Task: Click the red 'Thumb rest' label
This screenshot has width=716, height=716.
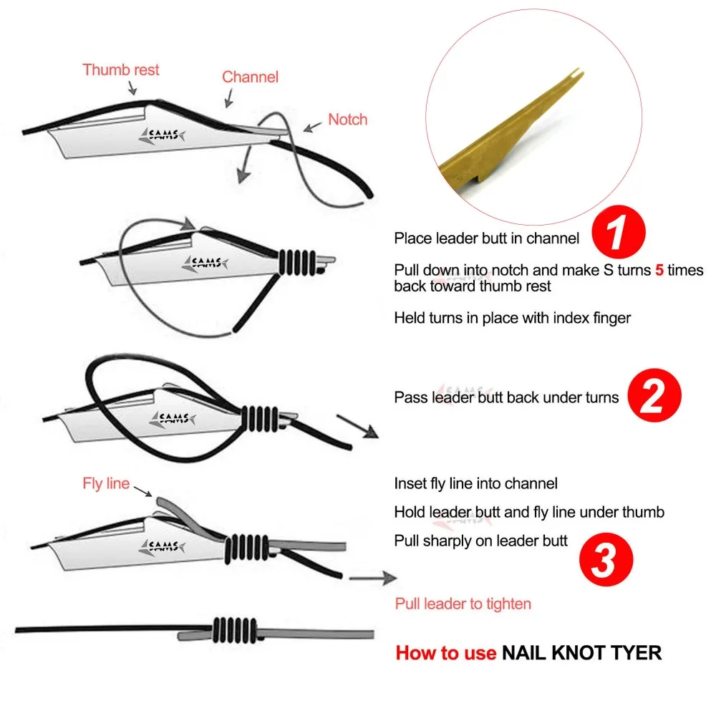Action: click(121, 70)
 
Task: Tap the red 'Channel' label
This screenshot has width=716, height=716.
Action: click(250, 77)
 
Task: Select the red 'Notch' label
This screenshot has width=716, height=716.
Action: click(347, 120)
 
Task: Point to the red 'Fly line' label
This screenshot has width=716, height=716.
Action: click(106, 483)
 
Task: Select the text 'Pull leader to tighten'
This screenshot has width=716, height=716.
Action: click(463, 604)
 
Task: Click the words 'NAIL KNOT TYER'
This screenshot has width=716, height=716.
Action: click(581, 652)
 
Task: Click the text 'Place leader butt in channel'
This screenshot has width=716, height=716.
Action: click(486, 238)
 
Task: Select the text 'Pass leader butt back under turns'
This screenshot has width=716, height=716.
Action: click(506, 397)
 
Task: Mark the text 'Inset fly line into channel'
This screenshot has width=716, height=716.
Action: click(475, 484)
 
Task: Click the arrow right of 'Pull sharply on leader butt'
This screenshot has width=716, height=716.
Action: click(372, 576)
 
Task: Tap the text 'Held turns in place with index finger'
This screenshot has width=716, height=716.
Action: click(512, 317)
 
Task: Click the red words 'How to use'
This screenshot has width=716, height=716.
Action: click(445, 652)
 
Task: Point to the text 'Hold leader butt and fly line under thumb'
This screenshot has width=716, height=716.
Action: click(529, 512)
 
